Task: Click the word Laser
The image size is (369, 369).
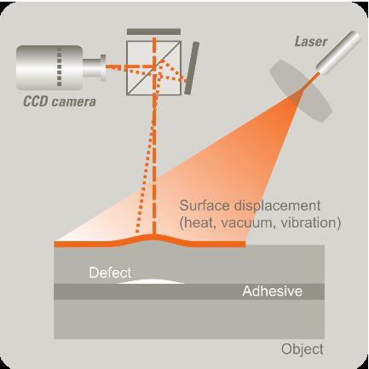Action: pyautogui.click(x=311, y=42)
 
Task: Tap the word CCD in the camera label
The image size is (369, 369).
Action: pyautogui.click(x=34, y=101)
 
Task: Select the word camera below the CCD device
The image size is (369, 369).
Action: pyautogui.click(x=72, y=101)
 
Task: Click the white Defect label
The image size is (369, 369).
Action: pyautogui.click(x=110, y=273)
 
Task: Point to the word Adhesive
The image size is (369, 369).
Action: pyautogui.click(x=272, y=291)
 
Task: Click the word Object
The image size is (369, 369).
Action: pyautogui.click(x=303, y=349)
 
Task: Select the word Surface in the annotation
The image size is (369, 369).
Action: pyautogui.click(x=205, y=205)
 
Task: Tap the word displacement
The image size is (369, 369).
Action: pyautogui.click(x=277, y=206)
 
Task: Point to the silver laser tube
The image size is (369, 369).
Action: pyautogui.click(x=338, y=52)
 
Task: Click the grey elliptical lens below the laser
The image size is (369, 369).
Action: pyautogui.click(x=301, y=91)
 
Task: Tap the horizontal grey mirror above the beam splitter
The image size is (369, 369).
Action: pyautogui.click(x=153, y=32)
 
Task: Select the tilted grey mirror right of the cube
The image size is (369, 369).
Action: pyautogui.click(x=192, y=68)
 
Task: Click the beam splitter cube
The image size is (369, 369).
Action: pyautogui.click(x=153, y=68)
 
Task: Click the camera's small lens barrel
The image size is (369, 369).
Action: pyautogui.click(x=95, y=67)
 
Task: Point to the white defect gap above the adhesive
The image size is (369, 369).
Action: pyautogui.click(x=151, y=281)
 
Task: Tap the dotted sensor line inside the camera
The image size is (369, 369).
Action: pyautogui.click(x=59, y=67)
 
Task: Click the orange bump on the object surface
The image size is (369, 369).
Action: pyautogui.click(x=153, y=239)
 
